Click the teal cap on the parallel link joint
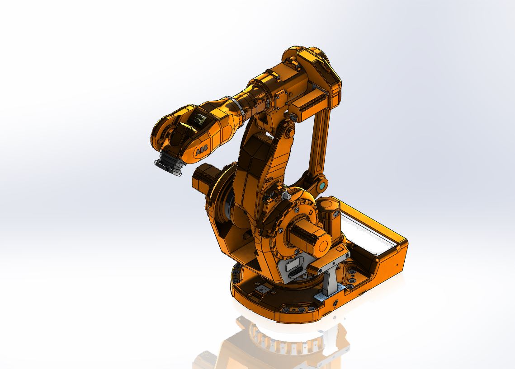pos(322,185)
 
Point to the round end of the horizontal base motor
pos(322,246)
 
